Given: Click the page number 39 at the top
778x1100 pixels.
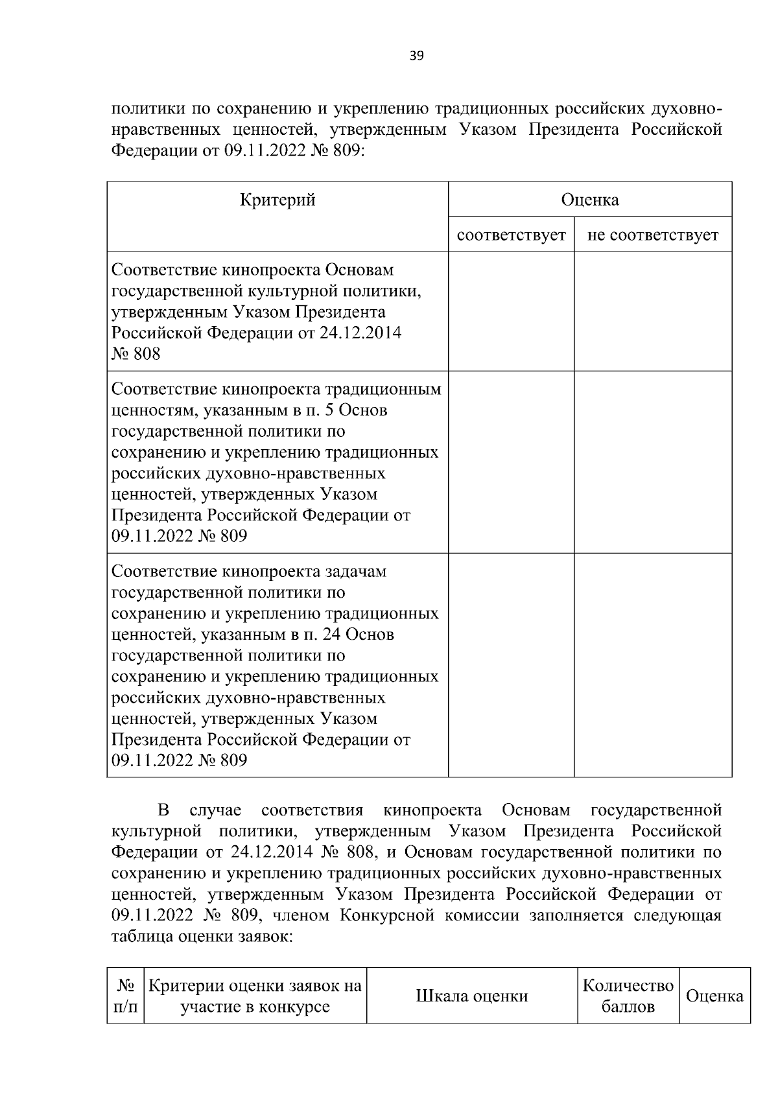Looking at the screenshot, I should (x=416, y=56).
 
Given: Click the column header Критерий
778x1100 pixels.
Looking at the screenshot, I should (x=277, y=200).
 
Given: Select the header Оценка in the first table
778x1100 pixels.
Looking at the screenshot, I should (x=589, y=200).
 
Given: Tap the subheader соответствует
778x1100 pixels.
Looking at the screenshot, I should (x=511, y=235).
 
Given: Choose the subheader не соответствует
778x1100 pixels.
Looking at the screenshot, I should (x=652, y=235).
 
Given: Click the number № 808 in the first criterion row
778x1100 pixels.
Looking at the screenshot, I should (x=136, y=354).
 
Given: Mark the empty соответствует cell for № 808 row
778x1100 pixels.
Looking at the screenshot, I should (x=511, y=311).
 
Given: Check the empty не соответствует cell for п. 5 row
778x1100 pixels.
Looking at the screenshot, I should (x=652, y=462).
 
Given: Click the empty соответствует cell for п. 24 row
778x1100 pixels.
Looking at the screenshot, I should (x=511, y=664).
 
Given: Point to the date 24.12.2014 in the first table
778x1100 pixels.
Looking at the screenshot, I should (x=359, y=333).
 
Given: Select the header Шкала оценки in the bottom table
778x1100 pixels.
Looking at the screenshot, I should (x=471, y=996).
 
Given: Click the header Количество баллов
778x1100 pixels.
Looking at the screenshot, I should (x=628, y=996).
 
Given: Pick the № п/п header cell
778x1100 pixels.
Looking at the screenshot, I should (x=125, y=996).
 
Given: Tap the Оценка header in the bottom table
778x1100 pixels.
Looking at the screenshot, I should (x=714, y=996).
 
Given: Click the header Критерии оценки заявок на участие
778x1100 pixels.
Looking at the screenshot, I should (x=255, y=996).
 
